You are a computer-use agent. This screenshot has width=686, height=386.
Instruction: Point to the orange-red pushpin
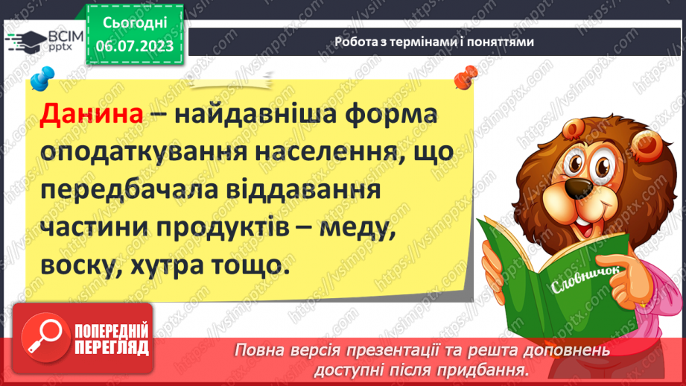[x=466, y=75]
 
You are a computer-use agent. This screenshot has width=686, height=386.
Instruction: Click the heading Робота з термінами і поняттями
[x=434, y=42]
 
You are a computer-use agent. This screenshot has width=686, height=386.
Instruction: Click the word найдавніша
[x=257, y=118]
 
